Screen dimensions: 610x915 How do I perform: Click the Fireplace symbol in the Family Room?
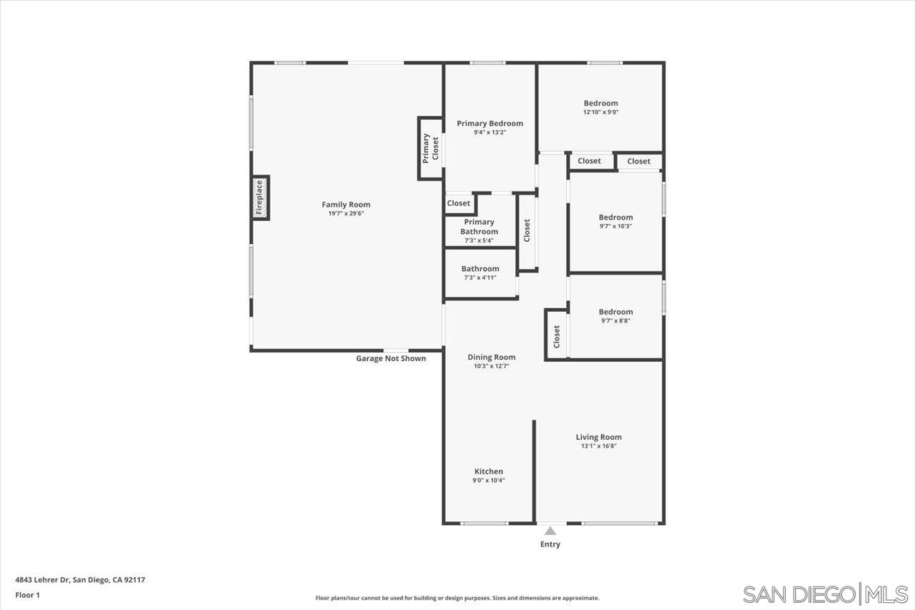tap(259, 197)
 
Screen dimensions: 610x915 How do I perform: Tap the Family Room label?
tap(346, 205)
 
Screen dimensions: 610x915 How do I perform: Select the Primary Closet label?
tap(430, 148)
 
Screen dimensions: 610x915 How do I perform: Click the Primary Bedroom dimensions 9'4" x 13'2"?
tap(490, 132)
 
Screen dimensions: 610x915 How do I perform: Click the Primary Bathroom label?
tap(479, 227)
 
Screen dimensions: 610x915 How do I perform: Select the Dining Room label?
tap(491, 357)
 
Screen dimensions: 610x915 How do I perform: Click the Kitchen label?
tap(488, 471)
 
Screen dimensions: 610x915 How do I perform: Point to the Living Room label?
tap(598, 437)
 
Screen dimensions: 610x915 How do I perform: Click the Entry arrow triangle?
tap(550, 531)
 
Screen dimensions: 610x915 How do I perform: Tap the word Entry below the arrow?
tap(550, 544)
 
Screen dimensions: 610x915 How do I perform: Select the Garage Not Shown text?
tap(391, 358)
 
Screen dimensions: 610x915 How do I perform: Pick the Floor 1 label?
tap(28, 594)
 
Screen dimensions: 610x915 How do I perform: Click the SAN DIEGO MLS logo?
tap(825, 594)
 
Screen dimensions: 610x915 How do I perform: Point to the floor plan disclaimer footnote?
tap(457, 598)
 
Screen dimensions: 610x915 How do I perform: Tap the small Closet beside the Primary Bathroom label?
tap(458, 203)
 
